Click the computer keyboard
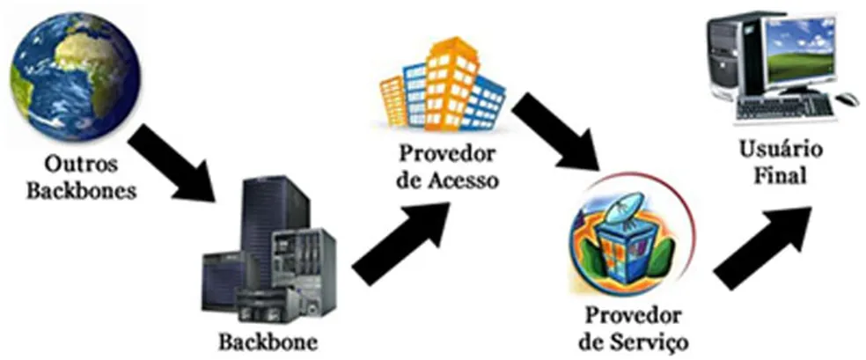(x=782, y=107)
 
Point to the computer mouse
(x=847, y=98)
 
